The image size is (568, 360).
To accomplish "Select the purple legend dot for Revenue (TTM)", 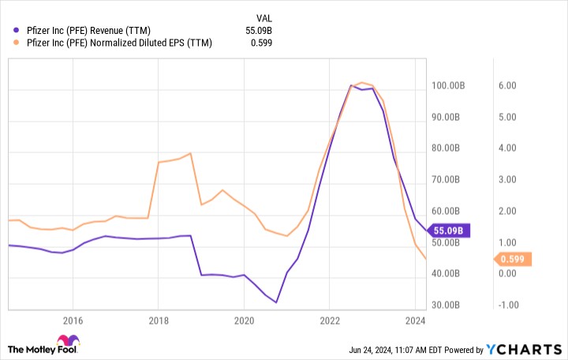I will [x=6, y=30].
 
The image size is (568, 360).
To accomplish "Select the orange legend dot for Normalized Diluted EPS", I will [x=6, y=44].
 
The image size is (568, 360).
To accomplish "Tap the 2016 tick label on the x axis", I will [x=73, y=321].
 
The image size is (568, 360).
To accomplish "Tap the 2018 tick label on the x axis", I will [x=158, y=321].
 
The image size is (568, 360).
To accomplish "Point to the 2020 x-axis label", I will [x=244, y=321].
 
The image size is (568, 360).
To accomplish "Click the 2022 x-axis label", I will [x=330, y=321].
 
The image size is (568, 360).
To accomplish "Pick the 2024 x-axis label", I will [x=415, y=321].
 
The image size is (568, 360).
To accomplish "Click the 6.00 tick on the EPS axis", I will [x=506, y=85].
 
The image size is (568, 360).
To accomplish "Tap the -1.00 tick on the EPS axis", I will [x=505, y=305].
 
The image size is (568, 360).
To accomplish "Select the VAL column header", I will [x=266, y=17].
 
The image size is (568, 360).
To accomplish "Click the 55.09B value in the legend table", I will [x=261, y=30].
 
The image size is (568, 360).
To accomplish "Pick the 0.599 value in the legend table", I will [x=264, y=44].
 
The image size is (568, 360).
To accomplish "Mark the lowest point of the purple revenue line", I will [x=276, y=302].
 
